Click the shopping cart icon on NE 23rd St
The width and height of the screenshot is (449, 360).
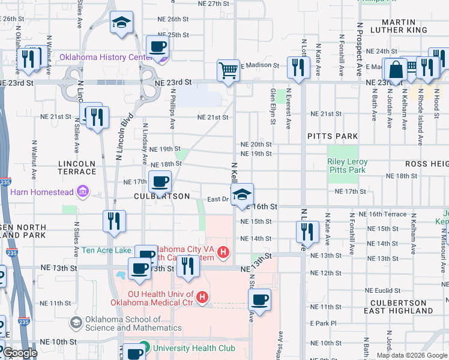(x=228, y=71)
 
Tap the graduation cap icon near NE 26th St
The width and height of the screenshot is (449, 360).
(x=122, y=23)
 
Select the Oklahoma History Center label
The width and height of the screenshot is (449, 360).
(x=104, y=58)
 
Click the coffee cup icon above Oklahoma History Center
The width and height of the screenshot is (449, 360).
(x=158, y=46)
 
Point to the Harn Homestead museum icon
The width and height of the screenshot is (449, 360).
(x=83, y=192)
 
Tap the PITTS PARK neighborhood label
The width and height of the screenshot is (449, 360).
(x=332, y=136)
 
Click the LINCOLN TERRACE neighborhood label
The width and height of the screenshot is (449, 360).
(x=77, y=167)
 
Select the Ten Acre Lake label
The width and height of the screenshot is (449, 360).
(x=106, y=250)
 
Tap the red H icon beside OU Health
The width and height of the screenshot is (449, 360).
(x=202, y=297)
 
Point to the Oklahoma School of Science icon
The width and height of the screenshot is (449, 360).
(x=76, y=323)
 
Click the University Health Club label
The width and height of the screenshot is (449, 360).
(x=187, y=347)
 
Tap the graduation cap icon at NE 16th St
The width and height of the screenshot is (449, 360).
(x=242, y=194)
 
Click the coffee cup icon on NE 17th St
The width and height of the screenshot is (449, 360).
(x=160, y=181)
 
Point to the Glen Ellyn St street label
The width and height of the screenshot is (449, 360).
(x=273, y=106)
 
